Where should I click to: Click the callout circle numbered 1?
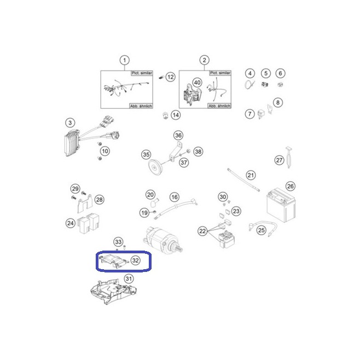125,60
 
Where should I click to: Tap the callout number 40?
197,83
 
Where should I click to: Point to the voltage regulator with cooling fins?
72,143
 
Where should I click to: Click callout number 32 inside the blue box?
136,260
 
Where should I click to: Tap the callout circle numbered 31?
129,278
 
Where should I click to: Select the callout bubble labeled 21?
251,176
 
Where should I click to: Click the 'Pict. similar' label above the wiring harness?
142,73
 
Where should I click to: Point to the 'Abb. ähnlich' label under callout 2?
219,106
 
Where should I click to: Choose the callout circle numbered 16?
175,197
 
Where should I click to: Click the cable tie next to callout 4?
249,84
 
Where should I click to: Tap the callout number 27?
279,160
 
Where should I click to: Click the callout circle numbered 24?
71,223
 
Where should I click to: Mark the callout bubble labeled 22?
202,231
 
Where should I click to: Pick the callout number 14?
176,115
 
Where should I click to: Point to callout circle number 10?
105,151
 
